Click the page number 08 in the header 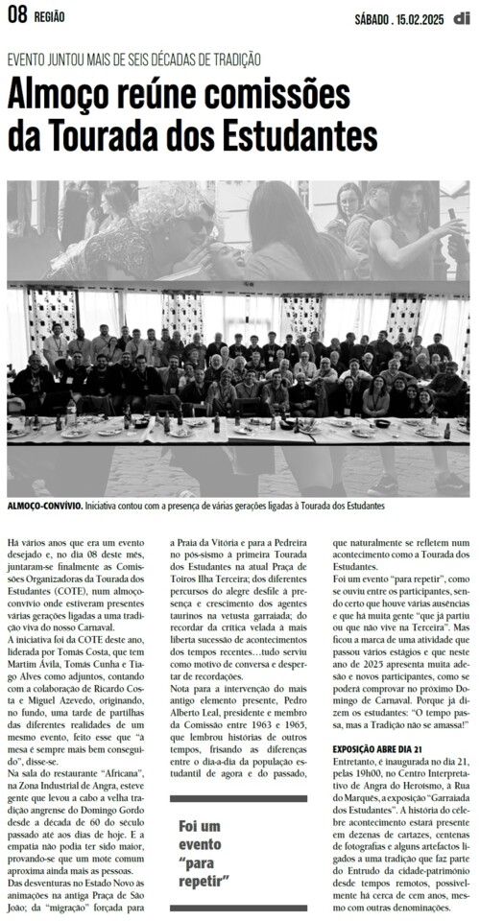(x=18, y=14)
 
